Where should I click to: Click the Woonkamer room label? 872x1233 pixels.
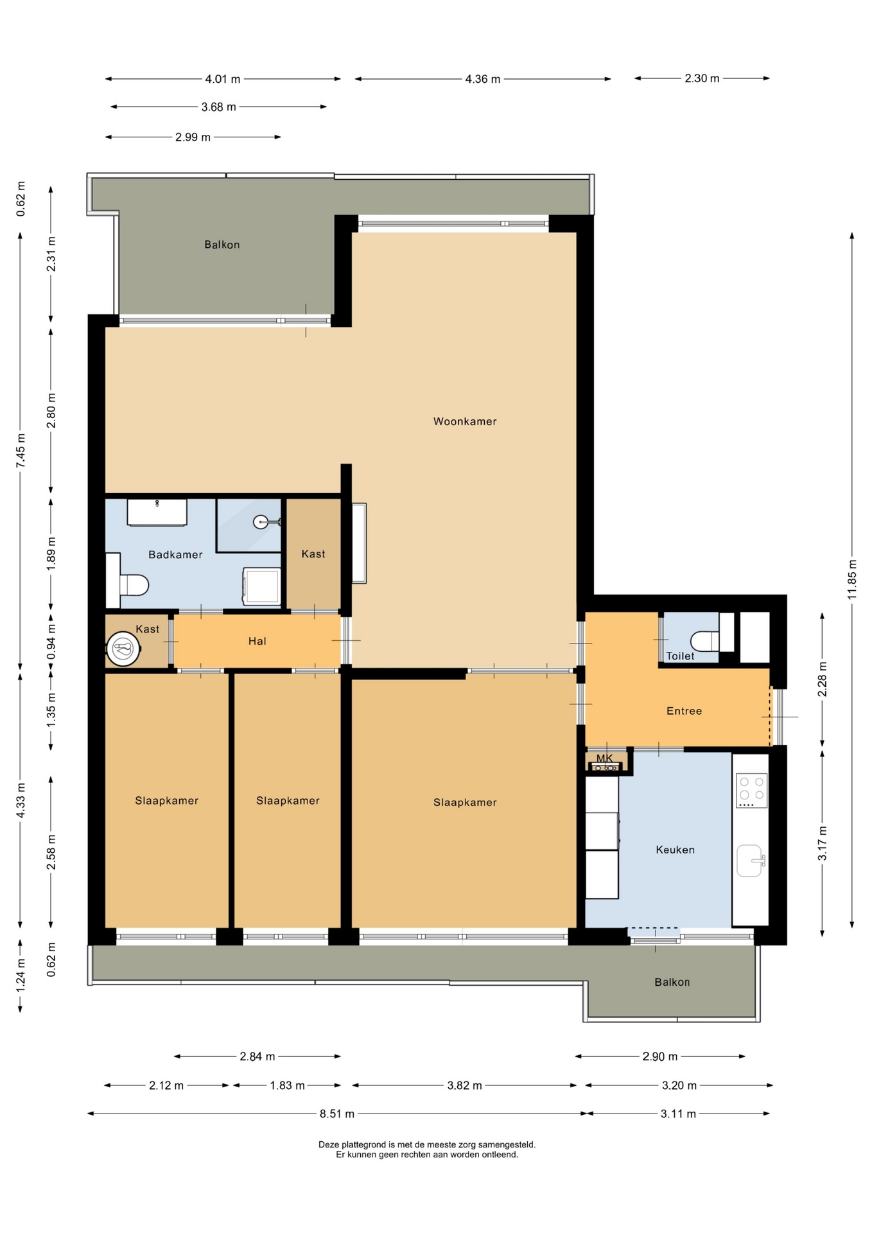465,421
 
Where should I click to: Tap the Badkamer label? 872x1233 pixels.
175,554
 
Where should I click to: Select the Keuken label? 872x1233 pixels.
675,850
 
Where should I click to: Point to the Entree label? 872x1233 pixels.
684,711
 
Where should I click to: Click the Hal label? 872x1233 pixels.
257,641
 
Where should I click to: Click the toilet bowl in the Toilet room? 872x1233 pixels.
704,640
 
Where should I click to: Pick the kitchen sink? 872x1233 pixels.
750,861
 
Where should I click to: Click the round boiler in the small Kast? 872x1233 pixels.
123,649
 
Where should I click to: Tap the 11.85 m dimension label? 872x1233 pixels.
852,580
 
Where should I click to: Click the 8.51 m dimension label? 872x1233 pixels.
337,1114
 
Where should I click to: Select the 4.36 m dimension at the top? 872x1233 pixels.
483,79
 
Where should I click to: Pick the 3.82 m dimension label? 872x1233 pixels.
464,1085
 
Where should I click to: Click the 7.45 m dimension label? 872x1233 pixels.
21,451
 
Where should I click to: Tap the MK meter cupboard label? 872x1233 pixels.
604,758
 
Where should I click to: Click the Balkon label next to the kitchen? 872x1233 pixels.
672,982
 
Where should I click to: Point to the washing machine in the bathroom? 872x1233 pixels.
261,586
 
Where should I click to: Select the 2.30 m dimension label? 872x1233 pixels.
702,78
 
